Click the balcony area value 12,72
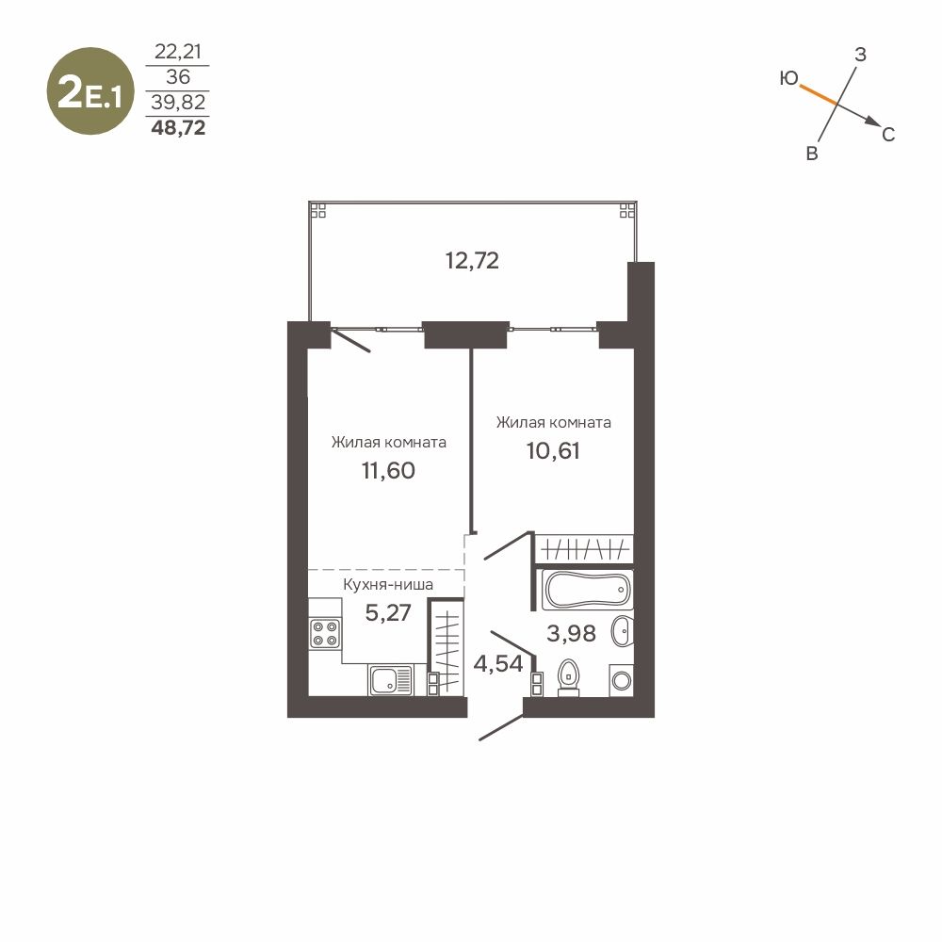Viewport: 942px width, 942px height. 472,261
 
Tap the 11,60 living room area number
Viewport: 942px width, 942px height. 388,470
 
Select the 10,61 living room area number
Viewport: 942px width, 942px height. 553,450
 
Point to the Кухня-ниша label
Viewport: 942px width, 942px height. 388,584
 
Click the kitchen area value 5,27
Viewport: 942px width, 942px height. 388,613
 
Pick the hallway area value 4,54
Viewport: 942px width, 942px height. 498,664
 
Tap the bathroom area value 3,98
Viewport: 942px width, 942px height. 572,633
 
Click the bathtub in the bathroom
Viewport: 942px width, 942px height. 587,590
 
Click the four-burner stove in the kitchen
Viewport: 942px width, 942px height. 325,634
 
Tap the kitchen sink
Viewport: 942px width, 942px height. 391,681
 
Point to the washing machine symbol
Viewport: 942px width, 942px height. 621,681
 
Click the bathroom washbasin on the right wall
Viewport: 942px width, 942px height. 623,631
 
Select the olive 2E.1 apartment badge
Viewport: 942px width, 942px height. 90,91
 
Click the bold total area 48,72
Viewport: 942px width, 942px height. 178,128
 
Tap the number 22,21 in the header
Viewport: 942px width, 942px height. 178,52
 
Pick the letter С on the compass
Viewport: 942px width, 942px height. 888,135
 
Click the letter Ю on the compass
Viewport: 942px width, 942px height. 788,78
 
